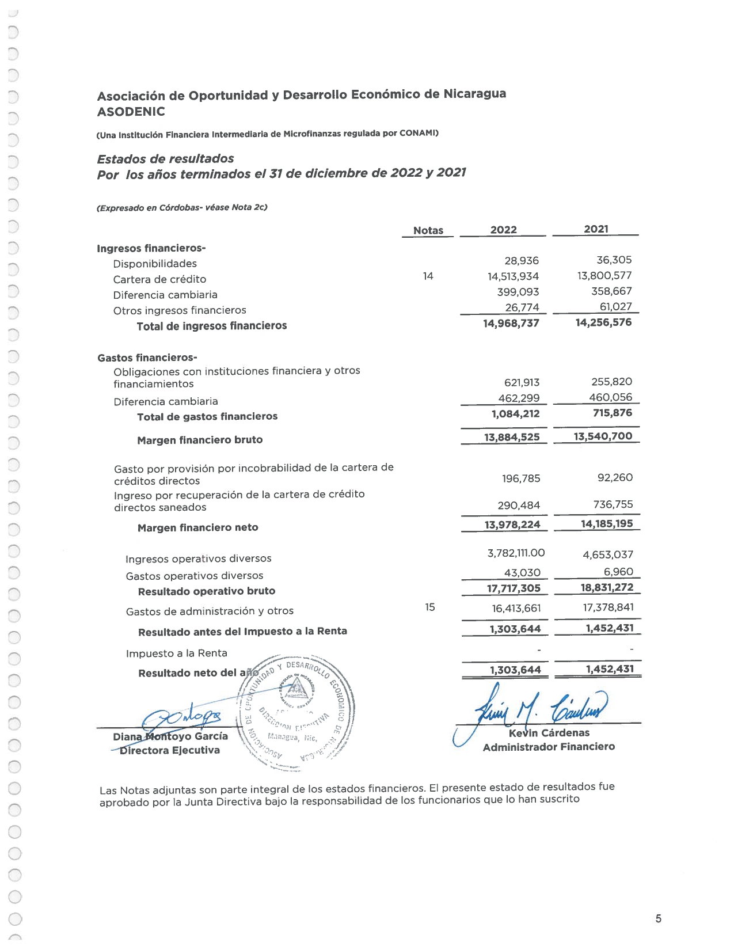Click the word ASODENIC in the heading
click(131, 112)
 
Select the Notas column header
click(428, 230)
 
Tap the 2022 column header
click(503, 230)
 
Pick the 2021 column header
click(596, 229)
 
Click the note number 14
click(428, 276)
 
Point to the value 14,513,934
click(513, 276)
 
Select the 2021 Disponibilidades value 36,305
click(614, 260)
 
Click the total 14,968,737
click(511, 324)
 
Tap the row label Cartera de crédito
click(159, 279)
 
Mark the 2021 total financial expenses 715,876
click(612, 413)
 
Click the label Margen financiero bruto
click(200, 440)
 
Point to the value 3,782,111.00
click(516, 553)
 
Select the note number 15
click(430, 607)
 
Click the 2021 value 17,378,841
click(608, 607)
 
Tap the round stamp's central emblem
click(296, 687)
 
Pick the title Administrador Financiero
click(549, 747)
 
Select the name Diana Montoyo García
click(170, 736)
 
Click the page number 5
click(658, 918)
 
